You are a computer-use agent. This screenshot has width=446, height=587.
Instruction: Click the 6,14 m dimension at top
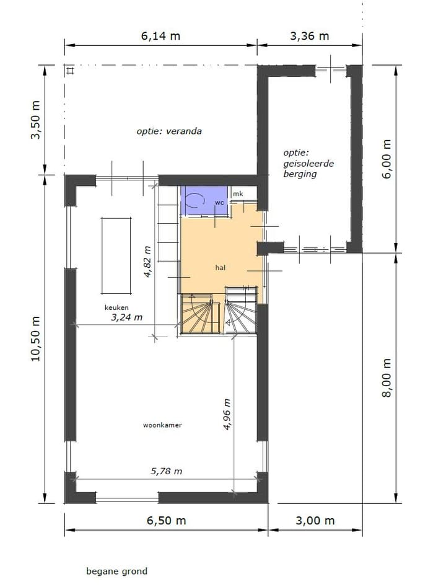point(160,35)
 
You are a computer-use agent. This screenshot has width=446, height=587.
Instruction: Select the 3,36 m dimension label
point(310,35)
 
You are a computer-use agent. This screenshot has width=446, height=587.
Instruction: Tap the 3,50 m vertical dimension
point(35,120)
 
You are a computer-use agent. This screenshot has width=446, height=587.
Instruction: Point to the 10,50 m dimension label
point(35,338)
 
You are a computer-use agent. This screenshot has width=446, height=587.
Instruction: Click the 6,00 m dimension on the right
point(388,159)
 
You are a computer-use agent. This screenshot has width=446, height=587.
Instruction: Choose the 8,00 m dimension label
point(388,377)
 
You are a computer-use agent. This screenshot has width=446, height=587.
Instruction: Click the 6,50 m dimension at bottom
point(166,520)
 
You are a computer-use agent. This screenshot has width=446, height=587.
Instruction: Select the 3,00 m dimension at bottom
point(316,520)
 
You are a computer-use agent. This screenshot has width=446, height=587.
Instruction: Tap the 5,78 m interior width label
point(167,471)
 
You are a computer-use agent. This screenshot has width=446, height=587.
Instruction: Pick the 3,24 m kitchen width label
point(126,317)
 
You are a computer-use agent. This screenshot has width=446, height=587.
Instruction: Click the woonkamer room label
point(162,425)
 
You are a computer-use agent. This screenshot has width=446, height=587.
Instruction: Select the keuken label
point(116,307)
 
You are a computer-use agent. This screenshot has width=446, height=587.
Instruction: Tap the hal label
point(220,268)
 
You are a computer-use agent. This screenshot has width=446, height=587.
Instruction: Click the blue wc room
point(203,201)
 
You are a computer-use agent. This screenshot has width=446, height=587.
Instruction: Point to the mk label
point(238,194)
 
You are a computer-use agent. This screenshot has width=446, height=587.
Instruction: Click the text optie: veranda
point(169,131)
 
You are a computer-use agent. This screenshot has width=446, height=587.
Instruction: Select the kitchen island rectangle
point(116,256)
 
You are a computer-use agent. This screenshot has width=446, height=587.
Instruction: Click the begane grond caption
point(116,571)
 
